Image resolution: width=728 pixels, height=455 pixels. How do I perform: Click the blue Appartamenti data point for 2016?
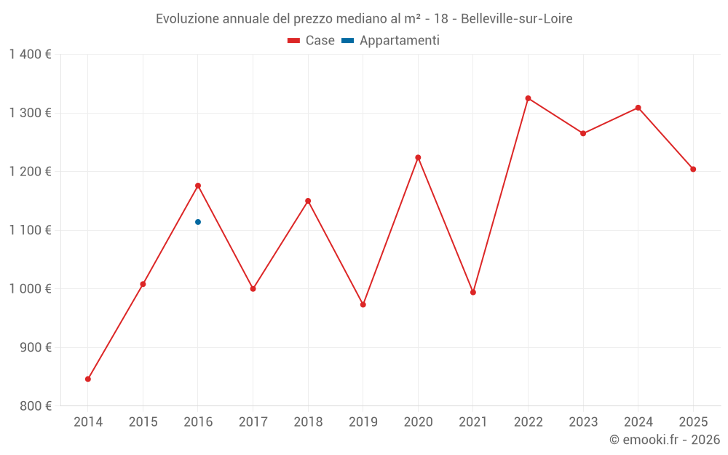198,222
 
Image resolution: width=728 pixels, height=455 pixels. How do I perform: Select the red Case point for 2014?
88,379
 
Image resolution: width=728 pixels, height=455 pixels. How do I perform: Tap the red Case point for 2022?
528,98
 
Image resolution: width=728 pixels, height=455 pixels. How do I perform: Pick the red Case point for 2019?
363,305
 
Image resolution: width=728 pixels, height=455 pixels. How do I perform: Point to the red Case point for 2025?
693,170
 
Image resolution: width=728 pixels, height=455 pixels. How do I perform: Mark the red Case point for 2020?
418,157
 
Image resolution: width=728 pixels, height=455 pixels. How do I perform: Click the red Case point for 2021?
473,293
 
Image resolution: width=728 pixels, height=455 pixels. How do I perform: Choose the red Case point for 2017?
253,289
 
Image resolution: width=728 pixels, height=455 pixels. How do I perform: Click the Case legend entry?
312,41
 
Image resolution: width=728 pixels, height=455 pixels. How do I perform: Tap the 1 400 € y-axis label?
30,55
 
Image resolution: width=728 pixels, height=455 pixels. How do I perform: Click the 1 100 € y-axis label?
30,230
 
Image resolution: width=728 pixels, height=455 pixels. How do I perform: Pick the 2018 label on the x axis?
308,422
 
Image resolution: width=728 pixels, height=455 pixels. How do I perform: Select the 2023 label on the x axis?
583,422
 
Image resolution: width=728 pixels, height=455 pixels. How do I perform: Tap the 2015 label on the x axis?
143,422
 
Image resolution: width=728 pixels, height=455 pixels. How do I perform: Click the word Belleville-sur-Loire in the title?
517,19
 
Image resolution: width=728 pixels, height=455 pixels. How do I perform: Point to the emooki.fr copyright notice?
664,440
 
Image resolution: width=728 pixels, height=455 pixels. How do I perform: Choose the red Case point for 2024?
638,108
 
